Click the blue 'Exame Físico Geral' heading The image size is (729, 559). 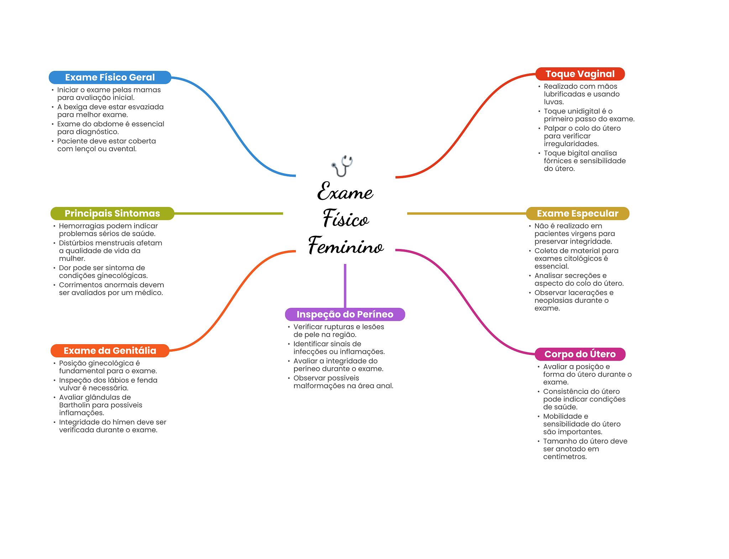110,77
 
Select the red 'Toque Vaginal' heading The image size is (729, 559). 580,74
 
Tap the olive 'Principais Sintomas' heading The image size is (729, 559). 112,213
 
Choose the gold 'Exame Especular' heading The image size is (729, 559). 577,213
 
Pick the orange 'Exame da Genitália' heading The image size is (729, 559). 110,351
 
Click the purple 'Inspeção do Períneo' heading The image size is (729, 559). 345,314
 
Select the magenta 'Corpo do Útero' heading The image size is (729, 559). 580,354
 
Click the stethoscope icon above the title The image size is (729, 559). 342,166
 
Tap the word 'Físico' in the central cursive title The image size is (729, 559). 346,218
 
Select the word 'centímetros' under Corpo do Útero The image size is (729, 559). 565,457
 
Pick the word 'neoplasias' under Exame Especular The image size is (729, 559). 552,301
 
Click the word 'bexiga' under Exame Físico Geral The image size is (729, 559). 75,107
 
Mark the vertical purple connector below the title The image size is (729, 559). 345,286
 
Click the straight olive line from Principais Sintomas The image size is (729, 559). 229,213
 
